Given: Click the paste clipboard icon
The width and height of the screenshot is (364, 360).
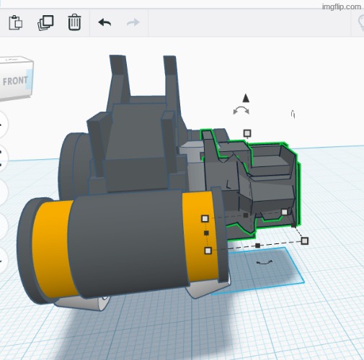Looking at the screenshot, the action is coord(16,22).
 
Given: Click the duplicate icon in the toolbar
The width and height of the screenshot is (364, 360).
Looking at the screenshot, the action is coord(45,23).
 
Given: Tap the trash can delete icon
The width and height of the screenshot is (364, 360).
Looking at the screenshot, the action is coord(74,22).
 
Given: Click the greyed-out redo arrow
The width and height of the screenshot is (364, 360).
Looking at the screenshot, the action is coord(133,22).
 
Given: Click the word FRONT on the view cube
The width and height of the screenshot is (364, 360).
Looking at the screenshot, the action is coord(15,81).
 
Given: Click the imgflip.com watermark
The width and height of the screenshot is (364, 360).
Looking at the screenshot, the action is coord(342,6).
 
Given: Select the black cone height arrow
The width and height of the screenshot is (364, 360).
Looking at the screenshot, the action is coord(246,98).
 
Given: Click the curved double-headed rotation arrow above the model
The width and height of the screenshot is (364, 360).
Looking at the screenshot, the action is coord(241,110).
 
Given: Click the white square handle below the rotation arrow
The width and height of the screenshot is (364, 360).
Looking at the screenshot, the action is coord(247,133).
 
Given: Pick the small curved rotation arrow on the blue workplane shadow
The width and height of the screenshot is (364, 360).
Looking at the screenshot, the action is coord(265,262).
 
